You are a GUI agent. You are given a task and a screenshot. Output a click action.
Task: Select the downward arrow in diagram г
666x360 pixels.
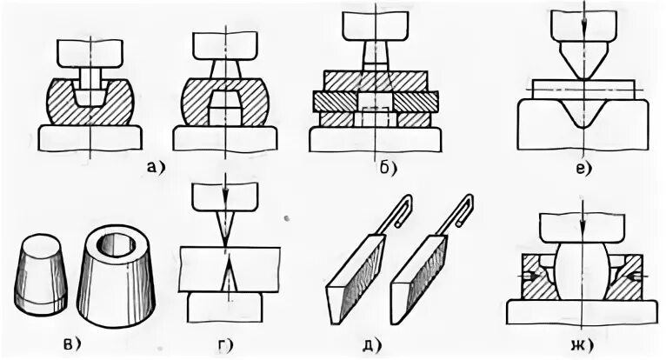(224, 186)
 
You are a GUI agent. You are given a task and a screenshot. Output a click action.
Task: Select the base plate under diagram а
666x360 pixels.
(91, 138)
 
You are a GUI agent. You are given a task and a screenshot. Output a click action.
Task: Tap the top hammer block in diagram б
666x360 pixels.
(375, 26)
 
